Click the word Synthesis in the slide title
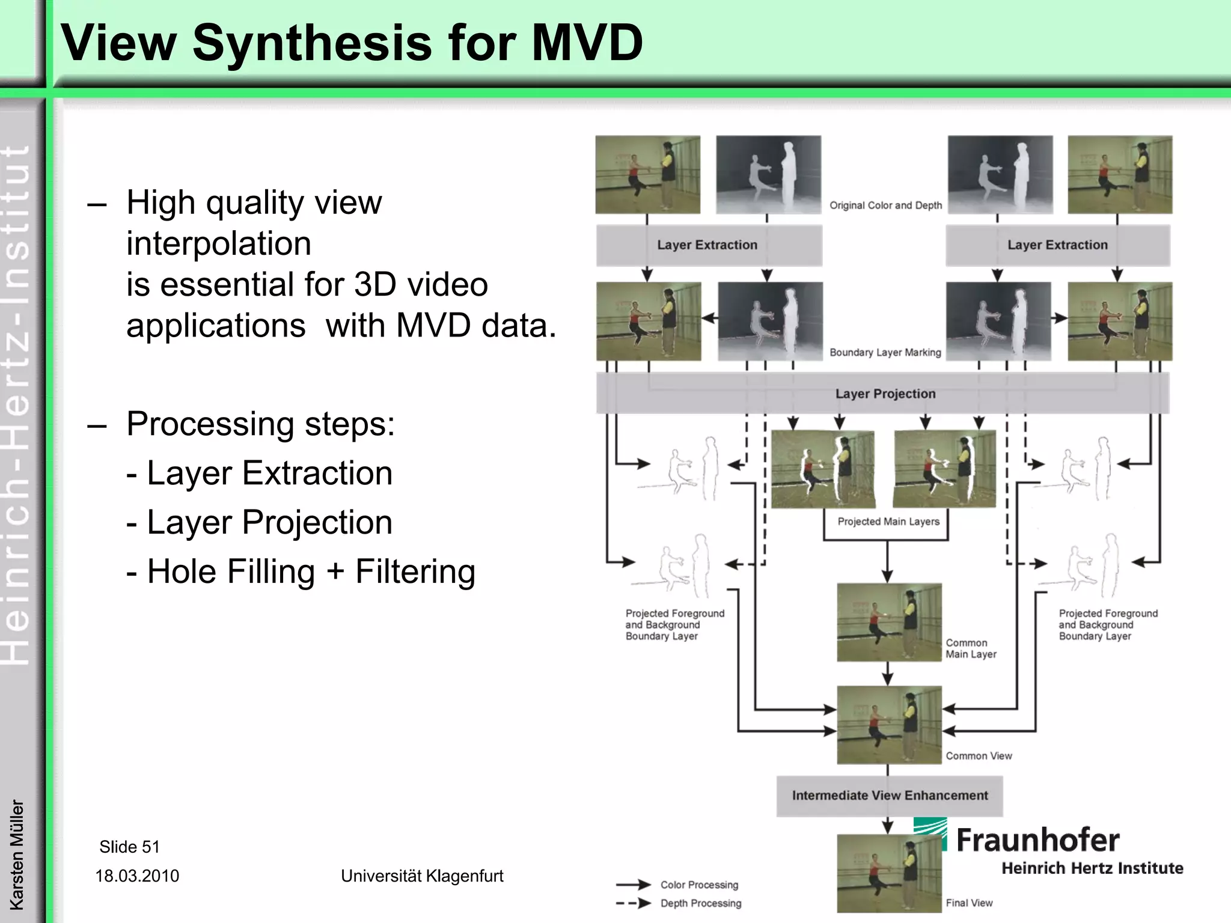tap(312, 43)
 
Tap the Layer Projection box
tap(884, 394)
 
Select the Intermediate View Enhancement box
tap(889, 796)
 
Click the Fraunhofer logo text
tap(1037, 840)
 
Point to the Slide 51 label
tap(129, 847)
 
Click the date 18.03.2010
tap(137, 876)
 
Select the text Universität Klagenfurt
tap(422, 876)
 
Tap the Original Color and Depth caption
tap(885, 206)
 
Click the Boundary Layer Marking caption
tap(885, 353)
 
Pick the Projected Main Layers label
tap(888, 522)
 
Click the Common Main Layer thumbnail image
tap(888, 622)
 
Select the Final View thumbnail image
tap(888, 873)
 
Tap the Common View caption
tap(979, 756)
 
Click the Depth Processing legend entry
tap(700, 903)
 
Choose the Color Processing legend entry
tap(698, 885)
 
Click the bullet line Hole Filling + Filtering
tap(301, 571)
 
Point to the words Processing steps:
tap(260, 424)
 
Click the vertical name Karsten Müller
tap(17, 854)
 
